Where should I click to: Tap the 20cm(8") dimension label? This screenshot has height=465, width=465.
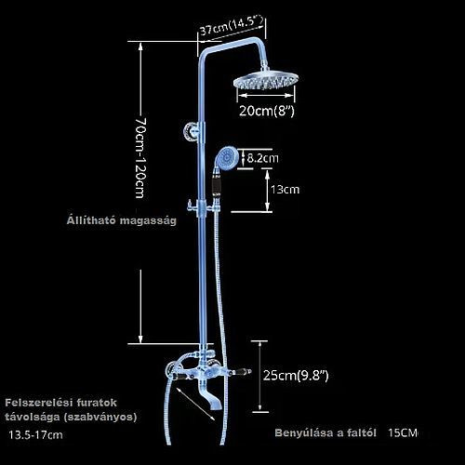coord(266,111)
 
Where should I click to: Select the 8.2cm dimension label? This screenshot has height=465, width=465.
coord(262,158)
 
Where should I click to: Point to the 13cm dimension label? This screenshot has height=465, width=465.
coord(285,190)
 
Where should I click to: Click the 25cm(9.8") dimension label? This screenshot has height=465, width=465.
coord(296,376)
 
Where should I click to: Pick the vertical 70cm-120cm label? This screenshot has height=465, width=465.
coord(140,157)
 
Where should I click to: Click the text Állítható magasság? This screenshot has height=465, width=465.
coord(122,220)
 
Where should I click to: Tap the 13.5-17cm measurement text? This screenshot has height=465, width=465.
coord(35,435)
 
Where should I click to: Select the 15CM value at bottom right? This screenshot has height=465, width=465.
coord(403,432)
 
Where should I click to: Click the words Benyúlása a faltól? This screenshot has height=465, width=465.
coord(325,432)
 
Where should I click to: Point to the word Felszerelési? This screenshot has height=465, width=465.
coord(36,403)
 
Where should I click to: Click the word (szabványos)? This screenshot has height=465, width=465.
coord(100,417)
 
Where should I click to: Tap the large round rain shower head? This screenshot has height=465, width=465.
coord(266,81)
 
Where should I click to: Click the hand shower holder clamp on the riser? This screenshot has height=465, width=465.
coord(204,206)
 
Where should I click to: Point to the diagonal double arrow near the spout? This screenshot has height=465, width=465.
coord(195,404)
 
